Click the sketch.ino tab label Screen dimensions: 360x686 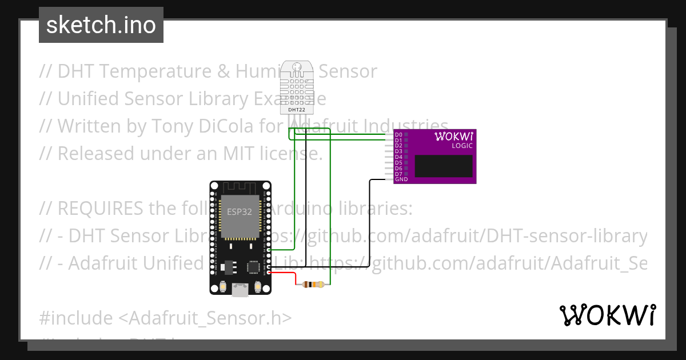101,25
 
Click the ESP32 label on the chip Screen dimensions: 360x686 240,211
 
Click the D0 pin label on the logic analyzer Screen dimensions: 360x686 398,135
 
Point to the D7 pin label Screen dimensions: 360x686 398,174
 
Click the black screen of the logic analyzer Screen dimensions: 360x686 444,166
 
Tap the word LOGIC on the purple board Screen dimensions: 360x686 462,146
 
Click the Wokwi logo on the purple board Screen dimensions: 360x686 453,136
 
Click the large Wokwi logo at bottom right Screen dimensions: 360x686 607,315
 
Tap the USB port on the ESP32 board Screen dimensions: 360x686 240,291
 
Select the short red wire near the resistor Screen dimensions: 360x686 286,274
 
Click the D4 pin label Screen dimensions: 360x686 398,157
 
